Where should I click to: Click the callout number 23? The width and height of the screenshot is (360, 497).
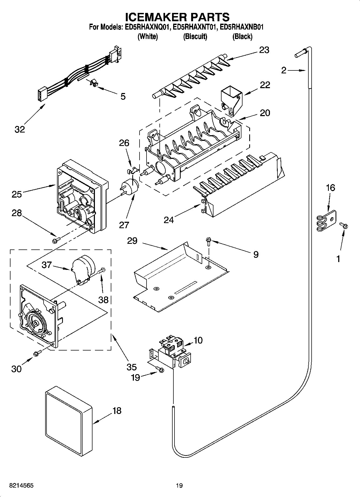pyautogui.click(x=264, y=50)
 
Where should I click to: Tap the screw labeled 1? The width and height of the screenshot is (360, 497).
pyautogui.click(x=343, y=225)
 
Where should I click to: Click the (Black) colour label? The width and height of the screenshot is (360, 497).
pyautogui.click(x=242, y=37)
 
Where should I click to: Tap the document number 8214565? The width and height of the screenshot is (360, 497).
pyautogui.click(x=22, y=485)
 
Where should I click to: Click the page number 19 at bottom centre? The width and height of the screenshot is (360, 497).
pyautogui.click(x=179, y=485)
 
